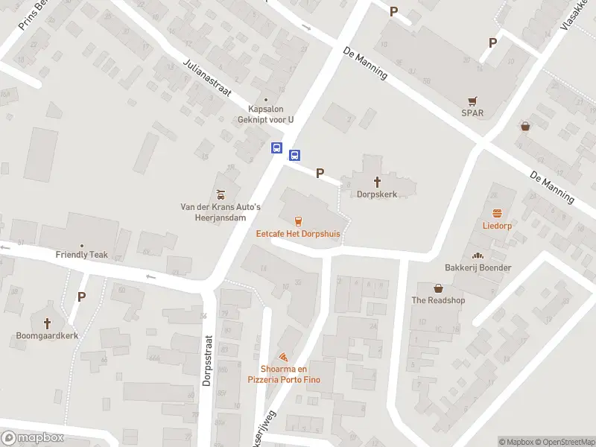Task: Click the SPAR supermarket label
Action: point(472,113)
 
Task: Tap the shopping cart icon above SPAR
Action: point(472,101)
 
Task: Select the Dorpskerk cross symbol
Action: point(377,181)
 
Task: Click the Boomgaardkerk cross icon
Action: point(48,323)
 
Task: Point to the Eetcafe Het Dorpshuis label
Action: point(298,233)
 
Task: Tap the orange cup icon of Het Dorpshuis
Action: point(298,221)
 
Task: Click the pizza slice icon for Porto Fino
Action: point(283,358)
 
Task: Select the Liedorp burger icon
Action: point(497,212)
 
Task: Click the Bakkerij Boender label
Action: point(478,267)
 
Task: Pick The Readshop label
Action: point(438,300)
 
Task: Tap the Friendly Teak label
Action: point(82,254)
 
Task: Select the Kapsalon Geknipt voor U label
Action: point(266,113)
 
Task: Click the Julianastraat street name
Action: point(207,77)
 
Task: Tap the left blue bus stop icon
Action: point(276,148)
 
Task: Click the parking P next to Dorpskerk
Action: point(320,173)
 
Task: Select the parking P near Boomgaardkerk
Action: point(81,297)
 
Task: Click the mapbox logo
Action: point(33,438)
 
